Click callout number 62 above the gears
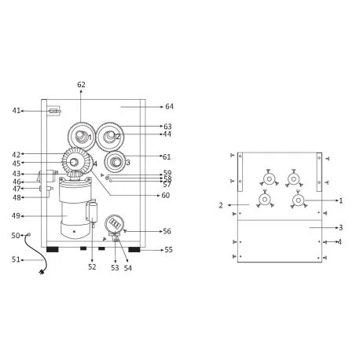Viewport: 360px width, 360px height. [81, 84]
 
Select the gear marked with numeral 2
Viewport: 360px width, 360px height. [111, 135]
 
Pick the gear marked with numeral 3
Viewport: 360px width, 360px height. [116, 163]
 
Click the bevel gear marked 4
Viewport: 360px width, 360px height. [76, 163]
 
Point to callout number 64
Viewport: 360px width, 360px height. [169, 106]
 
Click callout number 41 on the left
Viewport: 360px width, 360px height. [17, 111]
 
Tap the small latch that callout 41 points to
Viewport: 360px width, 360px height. [53, 111]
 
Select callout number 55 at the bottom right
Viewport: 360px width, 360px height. [168, 249]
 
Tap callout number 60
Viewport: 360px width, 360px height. [165, 195]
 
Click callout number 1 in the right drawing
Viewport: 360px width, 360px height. [340, 200]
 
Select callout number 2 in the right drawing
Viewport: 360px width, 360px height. [222, 205]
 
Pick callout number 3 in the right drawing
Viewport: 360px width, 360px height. [340, 228]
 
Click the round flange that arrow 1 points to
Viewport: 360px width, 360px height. [299, 201]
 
